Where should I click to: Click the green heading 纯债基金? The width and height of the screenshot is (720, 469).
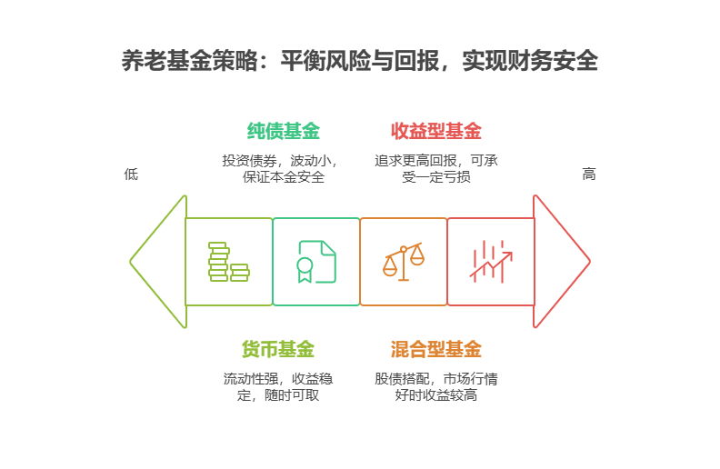(284, 131)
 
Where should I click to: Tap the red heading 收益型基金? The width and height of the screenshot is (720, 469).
(436, 131)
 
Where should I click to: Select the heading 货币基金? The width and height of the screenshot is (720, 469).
(278, 349)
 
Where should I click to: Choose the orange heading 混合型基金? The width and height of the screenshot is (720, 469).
(436, 349)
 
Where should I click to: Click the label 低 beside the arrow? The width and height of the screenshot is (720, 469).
(131, 174)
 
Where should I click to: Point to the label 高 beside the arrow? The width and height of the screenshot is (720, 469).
(589, 174)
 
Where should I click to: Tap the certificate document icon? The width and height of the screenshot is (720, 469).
(316, 262)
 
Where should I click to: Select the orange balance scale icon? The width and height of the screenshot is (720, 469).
(404, 262)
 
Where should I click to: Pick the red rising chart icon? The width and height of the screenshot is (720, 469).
(491, 262)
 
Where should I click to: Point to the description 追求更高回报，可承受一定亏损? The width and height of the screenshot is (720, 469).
(436, 169)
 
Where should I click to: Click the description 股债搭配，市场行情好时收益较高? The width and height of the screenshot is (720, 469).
(436, 387)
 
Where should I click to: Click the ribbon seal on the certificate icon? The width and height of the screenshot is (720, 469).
(305, 267)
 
